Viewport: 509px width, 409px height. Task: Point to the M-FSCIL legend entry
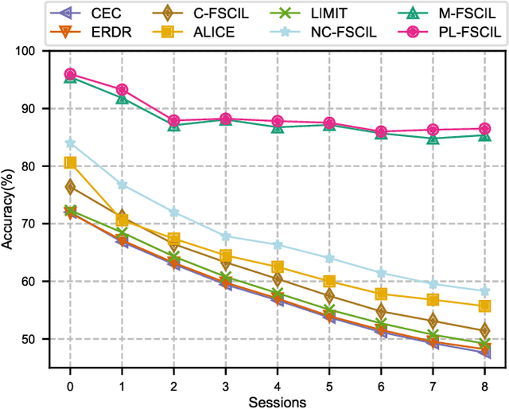[437, 12]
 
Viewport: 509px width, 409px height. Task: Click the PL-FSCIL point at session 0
[70, 74]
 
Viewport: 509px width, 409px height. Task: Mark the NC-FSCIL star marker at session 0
[70, 143]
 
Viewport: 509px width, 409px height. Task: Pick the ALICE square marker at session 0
[70, 163]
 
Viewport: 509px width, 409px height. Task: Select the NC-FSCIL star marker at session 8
[484, 291]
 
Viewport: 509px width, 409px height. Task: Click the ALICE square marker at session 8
[484, 306]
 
